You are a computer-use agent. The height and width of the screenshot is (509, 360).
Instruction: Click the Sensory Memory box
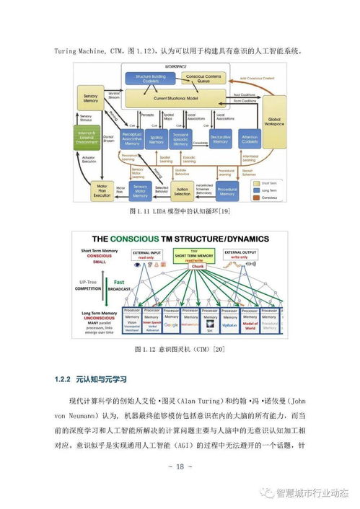coord(91,97)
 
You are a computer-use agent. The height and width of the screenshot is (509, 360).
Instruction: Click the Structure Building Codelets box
coord(151,79)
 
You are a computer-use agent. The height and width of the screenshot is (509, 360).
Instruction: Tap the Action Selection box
coord(183,190)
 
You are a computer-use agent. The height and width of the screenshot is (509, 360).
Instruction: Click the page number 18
coord(180,466)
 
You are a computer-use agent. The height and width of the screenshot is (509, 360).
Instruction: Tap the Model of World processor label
coord(250,326)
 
